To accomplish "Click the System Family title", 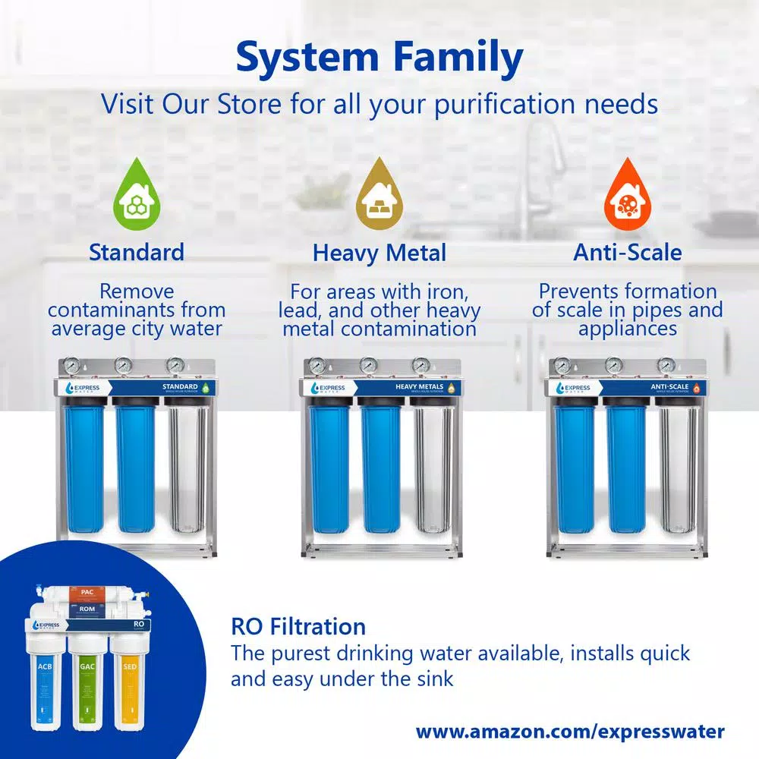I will tap(379, 59).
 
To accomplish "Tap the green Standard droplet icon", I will tap(136, 190).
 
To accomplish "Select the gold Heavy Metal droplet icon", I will tap(379, 190).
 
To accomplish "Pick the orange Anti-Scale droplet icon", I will tap(627, 190).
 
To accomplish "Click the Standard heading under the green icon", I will tap(137, 252).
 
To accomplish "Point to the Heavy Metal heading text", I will tap(379, 253).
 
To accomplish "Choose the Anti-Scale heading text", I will tap(628, 252).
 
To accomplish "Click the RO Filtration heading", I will tap(298, 627).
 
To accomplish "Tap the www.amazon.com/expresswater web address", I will tap(570, 732).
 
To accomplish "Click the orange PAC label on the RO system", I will tap(87, 591).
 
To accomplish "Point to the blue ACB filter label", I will tap(44, 667).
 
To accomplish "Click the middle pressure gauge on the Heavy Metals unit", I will tap(369, 366).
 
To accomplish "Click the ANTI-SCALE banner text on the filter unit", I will tap(670, 387).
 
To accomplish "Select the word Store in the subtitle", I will tap(250, 103).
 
